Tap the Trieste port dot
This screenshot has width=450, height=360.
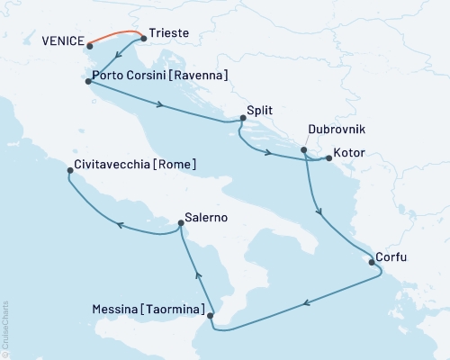[144, 39]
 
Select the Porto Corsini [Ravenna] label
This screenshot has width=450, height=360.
[161, 74]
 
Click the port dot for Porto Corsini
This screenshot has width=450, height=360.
[87, 82]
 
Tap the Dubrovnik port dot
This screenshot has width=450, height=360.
[304, 149]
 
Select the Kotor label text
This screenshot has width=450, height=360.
[350, 153]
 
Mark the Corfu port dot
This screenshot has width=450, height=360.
[370, 263]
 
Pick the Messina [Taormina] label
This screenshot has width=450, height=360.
[148, 309]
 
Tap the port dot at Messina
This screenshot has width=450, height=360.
[211, 316]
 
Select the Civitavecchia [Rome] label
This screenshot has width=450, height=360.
[131, 166]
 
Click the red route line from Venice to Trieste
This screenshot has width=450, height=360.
[115, 35]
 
